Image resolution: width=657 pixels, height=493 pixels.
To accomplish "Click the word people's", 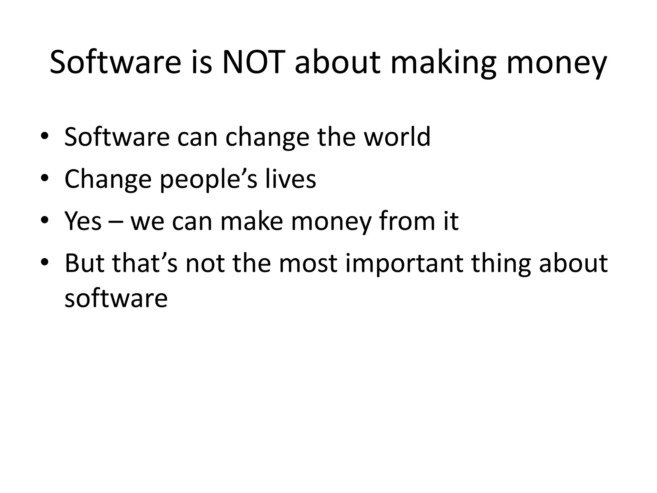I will (x=209, y=180).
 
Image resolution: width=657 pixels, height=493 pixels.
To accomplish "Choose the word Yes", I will (x=83, y=221).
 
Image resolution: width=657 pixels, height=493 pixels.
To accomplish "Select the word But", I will (x=84, y=263).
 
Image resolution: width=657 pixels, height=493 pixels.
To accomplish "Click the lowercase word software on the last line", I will (x=116, y=298).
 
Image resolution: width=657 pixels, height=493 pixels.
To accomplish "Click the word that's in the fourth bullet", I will (x=145, y=263).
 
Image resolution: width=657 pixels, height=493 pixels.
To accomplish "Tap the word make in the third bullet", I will (x=252, y=221).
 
